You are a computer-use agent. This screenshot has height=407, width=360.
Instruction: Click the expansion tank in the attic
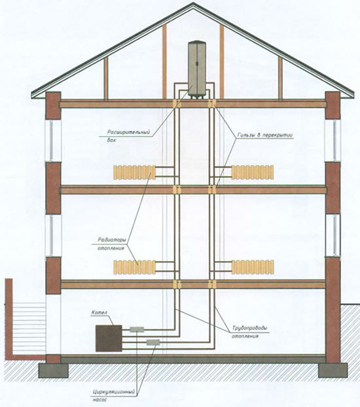197,69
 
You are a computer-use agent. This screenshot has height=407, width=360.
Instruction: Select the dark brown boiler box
109,338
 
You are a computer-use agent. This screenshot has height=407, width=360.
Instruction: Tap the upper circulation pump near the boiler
137,329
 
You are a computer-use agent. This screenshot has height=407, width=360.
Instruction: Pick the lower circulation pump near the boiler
153,342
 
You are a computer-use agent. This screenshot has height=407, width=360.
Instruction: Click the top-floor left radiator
135,172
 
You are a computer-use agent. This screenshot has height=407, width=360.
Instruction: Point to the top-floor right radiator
253,172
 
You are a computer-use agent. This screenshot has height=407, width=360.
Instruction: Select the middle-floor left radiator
135,267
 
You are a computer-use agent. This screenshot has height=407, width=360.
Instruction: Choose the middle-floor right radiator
253,267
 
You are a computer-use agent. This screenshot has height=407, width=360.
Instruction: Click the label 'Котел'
99,313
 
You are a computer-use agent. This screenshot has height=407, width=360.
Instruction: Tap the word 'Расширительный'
128,133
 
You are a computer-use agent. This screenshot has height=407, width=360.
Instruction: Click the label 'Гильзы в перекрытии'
264,135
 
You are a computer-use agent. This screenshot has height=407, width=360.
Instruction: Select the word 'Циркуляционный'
114,392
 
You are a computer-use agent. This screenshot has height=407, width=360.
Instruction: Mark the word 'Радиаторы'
112,240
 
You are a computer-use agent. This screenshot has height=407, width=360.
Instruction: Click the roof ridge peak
193,3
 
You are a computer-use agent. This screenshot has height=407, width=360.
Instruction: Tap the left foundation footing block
53,370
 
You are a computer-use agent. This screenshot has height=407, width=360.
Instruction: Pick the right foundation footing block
333,370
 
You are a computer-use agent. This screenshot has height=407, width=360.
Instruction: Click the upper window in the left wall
53,141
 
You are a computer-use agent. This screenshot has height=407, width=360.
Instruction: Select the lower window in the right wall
333,236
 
